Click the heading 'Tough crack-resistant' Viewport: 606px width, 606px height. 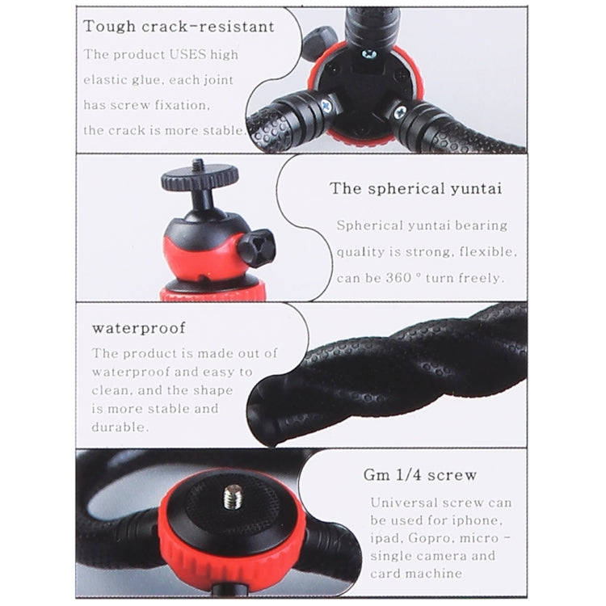(x=179, y=26)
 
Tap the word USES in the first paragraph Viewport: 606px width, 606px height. (x=188, y=55)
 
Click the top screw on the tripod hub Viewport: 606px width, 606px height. (x=369, y=53)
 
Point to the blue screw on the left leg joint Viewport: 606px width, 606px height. (x=327, y=105)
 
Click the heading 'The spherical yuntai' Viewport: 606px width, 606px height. (x=415, y=188)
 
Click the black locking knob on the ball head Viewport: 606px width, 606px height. (x=256, y=248)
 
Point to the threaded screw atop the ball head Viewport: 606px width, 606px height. (x=198, y=165)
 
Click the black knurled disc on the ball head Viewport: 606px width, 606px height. (x=199, y=178)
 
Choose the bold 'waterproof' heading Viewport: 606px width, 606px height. (x=138, y=328)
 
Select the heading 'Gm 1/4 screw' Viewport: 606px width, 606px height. (x=419, y=474)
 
